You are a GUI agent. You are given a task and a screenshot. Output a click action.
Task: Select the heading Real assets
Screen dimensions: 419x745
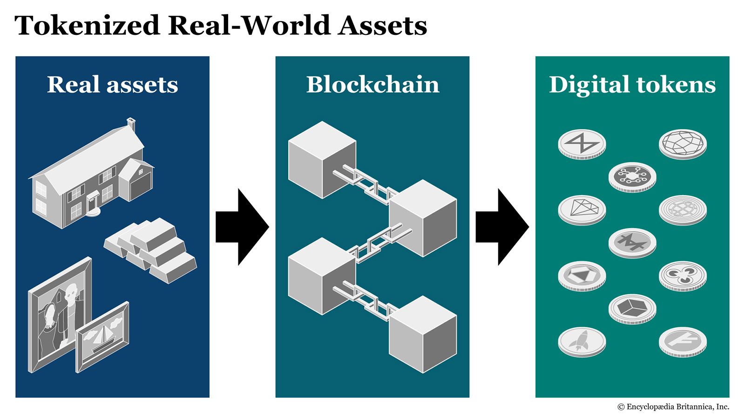click(112, 85)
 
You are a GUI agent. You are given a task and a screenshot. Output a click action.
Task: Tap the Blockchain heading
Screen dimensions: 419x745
click(372, 85)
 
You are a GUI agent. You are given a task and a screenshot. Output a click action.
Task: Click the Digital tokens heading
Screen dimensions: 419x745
click(632, 85)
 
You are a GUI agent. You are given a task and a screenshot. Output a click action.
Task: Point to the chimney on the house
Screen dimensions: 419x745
click(131, 124)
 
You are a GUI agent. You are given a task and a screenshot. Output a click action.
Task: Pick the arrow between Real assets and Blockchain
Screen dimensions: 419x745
click(242, 227)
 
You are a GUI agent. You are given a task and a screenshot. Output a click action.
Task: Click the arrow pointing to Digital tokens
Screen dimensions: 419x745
click(501, 227)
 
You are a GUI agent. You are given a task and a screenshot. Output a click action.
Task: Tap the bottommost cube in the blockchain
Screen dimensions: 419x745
click(422, 334)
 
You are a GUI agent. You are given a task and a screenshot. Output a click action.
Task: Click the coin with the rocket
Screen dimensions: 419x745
click(582, 341)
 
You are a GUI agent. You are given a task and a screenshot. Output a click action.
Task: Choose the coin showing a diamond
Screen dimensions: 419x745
click(582, 209)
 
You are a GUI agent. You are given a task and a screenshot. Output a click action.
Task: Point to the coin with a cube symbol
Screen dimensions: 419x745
click(632, 308)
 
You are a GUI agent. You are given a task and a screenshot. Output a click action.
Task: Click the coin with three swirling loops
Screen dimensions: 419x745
click(682, 275)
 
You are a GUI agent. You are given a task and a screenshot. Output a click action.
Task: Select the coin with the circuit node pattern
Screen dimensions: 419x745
click(632, 176)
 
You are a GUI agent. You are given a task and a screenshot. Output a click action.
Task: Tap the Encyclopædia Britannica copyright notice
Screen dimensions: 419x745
click(673, 407)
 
